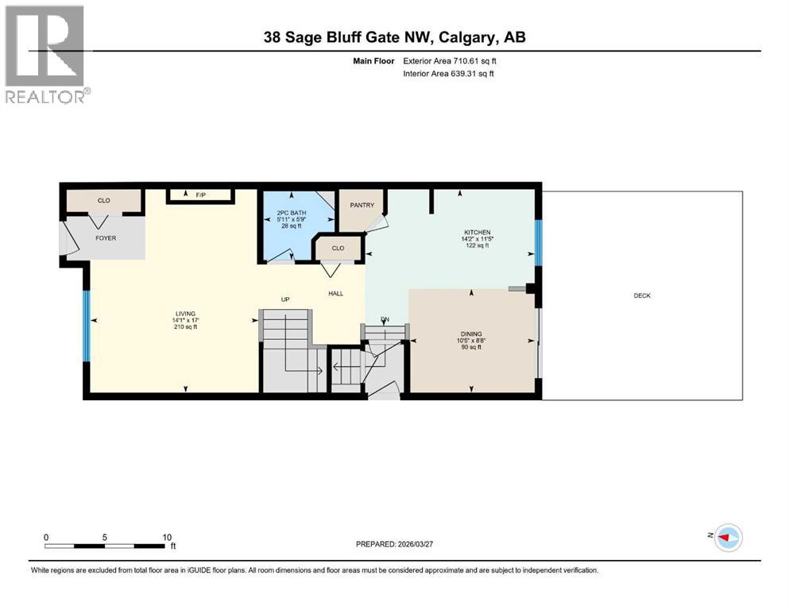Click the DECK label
642,295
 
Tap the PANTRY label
362,205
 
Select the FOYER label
106,237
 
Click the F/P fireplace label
199,195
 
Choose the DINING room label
471,334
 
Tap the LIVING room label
186,314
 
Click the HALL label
336,294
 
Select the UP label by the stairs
284,299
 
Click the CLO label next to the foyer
103,201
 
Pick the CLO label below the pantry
338,248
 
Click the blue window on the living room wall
86,326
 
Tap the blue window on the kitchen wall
538,242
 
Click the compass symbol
727,537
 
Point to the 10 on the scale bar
166,537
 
